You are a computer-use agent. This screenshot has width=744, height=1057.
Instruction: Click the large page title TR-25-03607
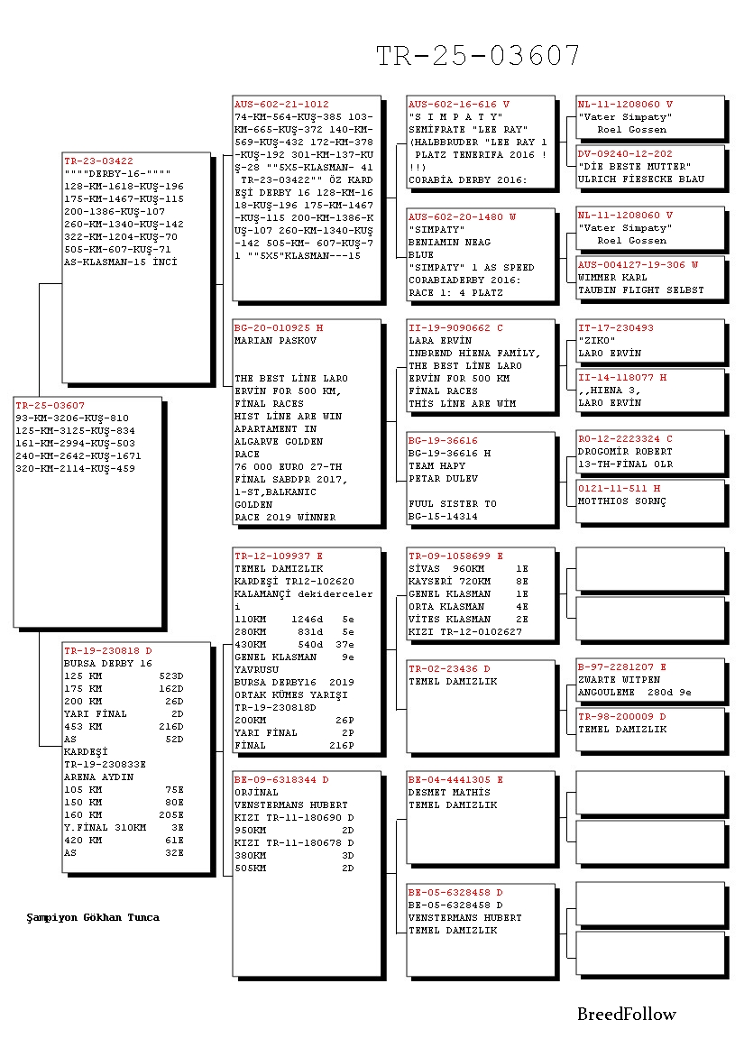[x=478, y=56]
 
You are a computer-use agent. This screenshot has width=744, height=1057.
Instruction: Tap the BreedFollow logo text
[x=626, y=1015]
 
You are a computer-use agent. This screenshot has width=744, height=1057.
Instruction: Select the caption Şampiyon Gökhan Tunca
[x=93, y=917]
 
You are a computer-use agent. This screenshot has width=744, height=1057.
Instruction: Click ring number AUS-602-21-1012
[x=281, y=105]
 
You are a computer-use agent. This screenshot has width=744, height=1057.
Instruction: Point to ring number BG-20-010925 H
[x=278, y=328]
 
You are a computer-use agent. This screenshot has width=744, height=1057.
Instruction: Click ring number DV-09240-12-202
[x=625, y=154]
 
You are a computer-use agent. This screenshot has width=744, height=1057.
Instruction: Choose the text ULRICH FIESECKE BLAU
[x=641, y=179]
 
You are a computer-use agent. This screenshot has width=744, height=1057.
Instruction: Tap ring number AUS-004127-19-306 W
[x=638, y=265]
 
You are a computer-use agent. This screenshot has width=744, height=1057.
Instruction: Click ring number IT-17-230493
[x=616, y=328]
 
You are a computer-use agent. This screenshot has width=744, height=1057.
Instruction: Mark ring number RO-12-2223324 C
[x=625, y=439]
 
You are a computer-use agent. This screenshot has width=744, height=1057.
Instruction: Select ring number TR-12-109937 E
[x=278, y=556]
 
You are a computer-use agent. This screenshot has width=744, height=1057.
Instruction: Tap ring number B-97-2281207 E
[x=621, y=667]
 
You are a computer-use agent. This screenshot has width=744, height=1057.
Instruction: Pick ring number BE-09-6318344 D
[x=281, y=780]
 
